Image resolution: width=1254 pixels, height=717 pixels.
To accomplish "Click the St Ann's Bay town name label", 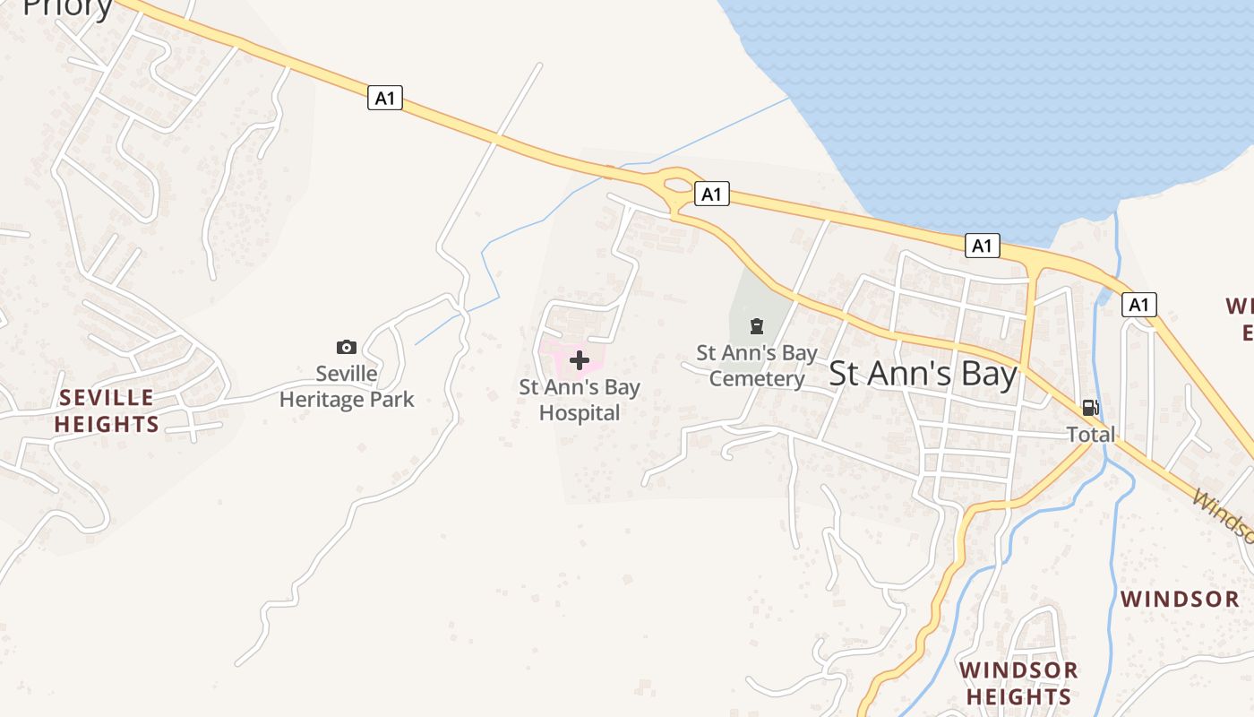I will coord(923,374).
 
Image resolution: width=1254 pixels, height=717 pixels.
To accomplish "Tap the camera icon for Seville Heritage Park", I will coord(347,347).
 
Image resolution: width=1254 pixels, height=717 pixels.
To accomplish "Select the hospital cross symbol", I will coord(580,361).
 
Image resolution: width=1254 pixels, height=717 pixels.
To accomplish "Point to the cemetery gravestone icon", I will coord(757,325).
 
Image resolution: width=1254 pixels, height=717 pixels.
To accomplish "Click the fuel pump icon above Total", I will coord(1090,409).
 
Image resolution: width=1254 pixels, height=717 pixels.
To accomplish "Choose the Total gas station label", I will coord(1090,435).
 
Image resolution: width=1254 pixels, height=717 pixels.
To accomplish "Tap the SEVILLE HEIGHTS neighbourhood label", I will coord(107,410).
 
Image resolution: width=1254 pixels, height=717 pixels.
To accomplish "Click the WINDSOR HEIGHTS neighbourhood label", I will coord(1018,683).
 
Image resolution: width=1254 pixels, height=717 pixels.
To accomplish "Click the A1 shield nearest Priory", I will coord(385,98).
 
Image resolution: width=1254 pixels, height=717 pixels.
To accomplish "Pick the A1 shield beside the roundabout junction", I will coord(711,194).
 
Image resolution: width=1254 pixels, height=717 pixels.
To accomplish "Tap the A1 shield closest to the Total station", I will coord(1138,305).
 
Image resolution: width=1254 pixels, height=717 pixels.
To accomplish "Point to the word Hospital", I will coord(580,413).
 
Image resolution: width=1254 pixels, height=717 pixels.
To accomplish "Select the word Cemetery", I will coord(757,379).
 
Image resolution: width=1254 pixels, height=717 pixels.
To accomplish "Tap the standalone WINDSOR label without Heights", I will coord(1180,599).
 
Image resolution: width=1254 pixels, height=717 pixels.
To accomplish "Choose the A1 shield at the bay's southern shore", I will coord(983,246).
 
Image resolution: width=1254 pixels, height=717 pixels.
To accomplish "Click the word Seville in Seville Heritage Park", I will coord(347,374).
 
